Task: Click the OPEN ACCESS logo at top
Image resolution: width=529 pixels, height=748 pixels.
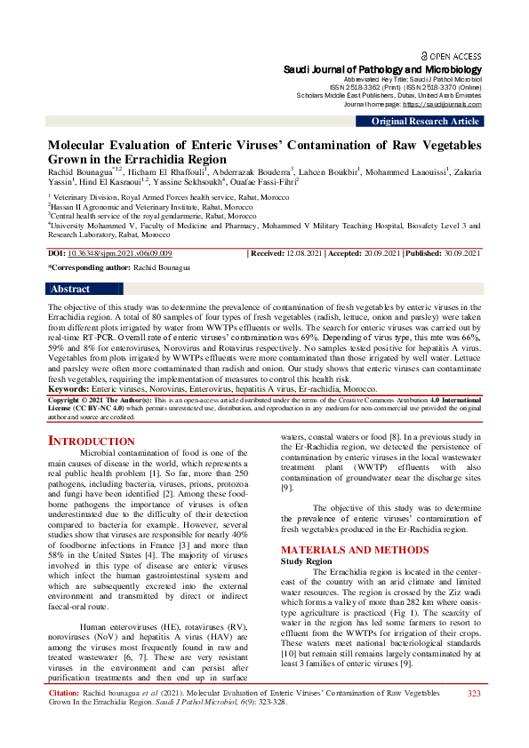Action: (x=451, y=55)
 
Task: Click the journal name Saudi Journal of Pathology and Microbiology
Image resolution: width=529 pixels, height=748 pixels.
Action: (x=382, y=69)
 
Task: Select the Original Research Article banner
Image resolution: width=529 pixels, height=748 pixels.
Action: (x=425, y=121)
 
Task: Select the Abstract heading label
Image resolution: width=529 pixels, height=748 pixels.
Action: (x=70, y=289)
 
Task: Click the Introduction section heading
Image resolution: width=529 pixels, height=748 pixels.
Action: (x=91, y=441)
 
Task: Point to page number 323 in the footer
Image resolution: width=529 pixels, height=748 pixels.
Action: (x=474, y=718)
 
